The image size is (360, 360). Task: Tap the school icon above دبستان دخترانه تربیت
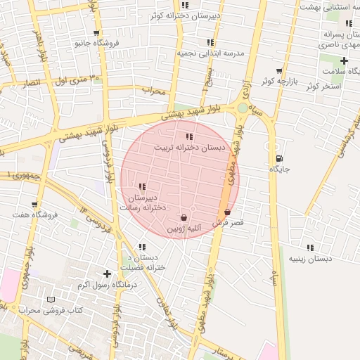189,136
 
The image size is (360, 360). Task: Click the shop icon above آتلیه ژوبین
184,217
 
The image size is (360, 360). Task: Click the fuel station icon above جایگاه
281,158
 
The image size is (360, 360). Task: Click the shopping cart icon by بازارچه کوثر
279,71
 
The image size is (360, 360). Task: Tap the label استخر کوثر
323,86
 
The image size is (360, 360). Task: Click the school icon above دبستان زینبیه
310,247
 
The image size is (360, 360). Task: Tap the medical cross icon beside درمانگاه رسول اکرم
107,274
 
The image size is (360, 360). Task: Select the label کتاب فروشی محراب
51,310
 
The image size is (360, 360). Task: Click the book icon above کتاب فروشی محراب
50,300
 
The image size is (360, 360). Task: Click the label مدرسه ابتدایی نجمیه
210,53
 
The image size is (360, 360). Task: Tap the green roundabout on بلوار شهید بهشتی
243,108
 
